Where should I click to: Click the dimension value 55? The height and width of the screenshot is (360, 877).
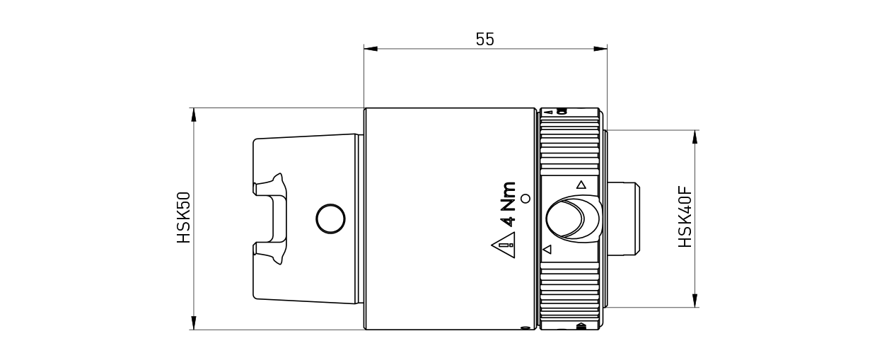pyautogui.click(x=484, y=40)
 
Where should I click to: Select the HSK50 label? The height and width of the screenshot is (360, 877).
pyautogui.click(x=184, y=219)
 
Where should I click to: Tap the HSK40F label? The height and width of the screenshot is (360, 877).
pyautogui.click(x=685, y=217)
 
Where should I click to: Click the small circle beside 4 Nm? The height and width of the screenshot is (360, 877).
pyautogui.click(x=525, y=199)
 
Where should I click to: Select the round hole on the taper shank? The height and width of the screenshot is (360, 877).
pyautogui.click(x=328, y=219)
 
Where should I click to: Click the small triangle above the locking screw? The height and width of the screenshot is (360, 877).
pyautogui.click(x=581, y=185)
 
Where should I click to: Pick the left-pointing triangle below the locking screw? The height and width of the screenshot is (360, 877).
pyautogui.click(x=546, y=250)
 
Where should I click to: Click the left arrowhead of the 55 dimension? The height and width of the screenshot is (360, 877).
pyautogui.click(x=370, y=49)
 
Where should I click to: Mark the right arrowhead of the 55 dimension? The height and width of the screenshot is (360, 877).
pyautogui.click(x=600, y=49)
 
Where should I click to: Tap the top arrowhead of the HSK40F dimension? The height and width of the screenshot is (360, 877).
pyautogui.click(x=696, y=137)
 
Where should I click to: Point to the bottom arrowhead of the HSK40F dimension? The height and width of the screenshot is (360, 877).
pyautogui.click(x=696, y=301)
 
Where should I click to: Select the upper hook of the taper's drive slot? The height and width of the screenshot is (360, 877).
pyautogui.click(x=272, y=186)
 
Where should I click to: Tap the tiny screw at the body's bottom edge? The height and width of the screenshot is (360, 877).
pyautogui.click(x=524, y=327)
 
